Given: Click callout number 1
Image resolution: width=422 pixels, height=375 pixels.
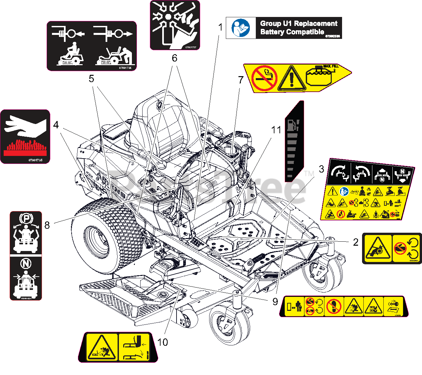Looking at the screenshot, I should coord(220,27).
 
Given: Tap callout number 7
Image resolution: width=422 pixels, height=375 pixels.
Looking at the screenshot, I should coord(241,80).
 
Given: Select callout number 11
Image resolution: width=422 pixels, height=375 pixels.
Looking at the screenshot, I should coord(276,130).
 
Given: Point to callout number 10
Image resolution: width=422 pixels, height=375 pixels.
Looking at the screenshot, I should coord(163,342).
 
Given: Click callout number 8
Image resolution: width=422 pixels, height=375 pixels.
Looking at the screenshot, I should coord(47,225).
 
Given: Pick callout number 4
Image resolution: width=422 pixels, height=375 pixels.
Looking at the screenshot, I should coord(56,125).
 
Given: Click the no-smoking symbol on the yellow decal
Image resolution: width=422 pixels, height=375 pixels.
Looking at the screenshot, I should coord(264,78).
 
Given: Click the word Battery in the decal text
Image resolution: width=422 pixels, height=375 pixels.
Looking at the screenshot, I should coord(272,32).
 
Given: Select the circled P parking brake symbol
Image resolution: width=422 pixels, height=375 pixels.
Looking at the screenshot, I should coord(26,219).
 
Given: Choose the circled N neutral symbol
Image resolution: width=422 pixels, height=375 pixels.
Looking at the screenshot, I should coord(26,264).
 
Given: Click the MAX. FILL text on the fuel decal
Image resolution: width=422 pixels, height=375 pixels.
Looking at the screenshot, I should coord(331,66).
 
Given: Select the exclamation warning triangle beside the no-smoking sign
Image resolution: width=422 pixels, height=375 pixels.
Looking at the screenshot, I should coord(291,79).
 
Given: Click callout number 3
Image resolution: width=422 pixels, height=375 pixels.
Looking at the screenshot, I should coord(321,169).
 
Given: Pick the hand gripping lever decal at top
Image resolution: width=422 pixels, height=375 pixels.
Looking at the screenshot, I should coord(175,25).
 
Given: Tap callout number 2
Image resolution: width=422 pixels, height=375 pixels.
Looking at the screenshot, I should coord(356,242).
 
